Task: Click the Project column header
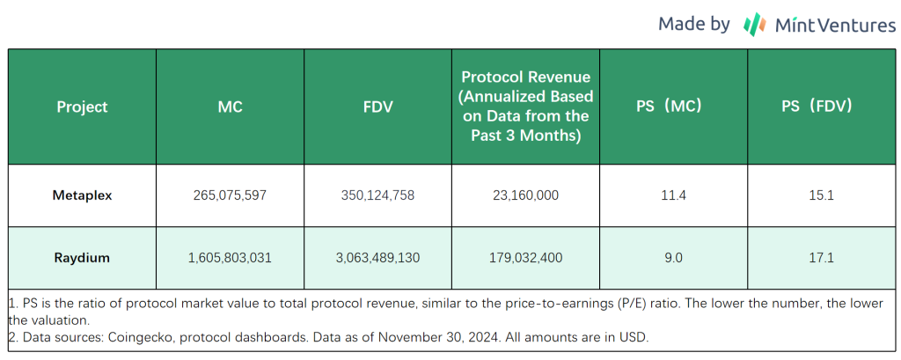82,107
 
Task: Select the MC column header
230,107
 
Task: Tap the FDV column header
377,107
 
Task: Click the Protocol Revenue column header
526,107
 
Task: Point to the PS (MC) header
674,107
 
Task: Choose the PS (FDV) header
822,107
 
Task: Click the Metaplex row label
82,195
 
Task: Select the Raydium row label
82,258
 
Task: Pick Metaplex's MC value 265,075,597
230,195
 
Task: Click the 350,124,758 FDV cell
377,195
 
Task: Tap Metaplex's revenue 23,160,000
526,195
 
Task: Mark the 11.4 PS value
674,195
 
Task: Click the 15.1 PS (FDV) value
822,195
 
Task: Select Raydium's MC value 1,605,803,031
230,258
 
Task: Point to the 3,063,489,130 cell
377,258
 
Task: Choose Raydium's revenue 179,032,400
526,258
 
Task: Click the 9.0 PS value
674,258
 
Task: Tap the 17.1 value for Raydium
822,258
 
